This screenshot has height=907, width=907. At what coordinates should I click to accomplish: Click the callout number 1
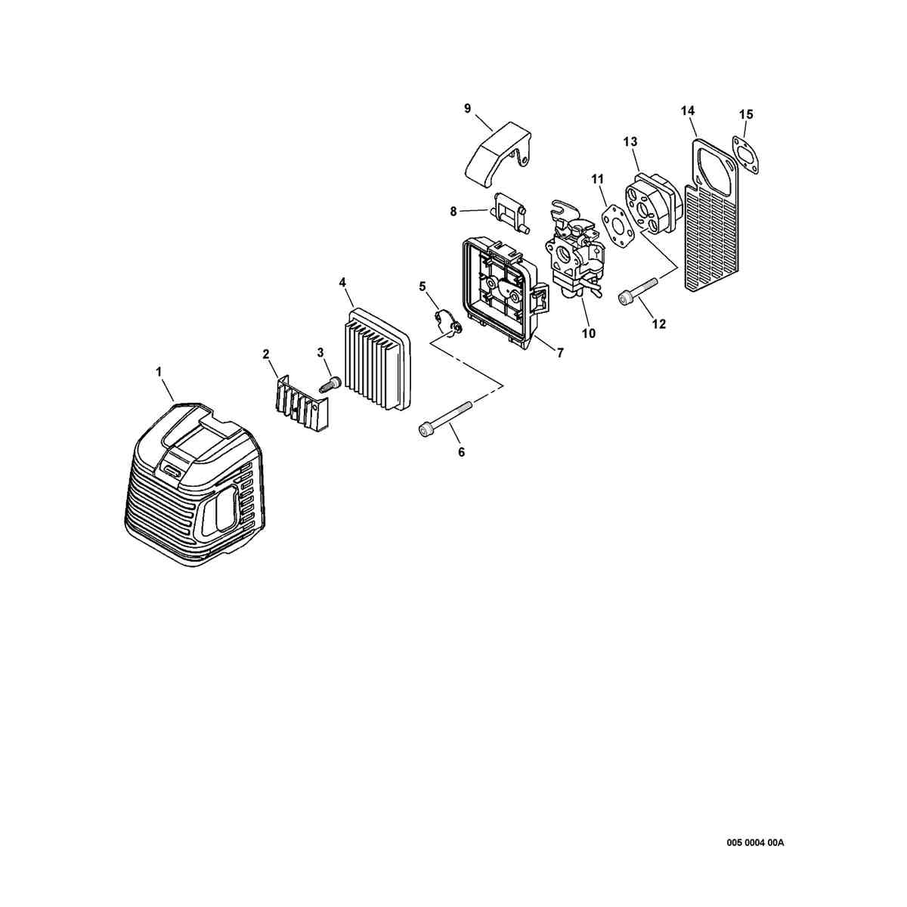[x=159, y=372]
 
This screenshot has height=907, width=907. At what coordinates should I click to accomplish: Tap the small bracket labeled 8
[x=509, y=214]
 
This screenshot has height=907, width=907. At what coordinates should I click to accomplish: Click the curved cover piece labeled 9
[x=499, y=149]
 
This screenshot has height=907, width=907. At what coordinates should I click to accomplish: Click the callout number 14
[x=688, y=110]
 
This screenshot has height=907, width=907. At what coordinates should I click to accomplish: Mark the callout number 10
[x=588, y=333]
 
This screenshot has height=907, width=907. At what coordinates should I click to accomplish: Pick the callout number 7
[x=559, y=352]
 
